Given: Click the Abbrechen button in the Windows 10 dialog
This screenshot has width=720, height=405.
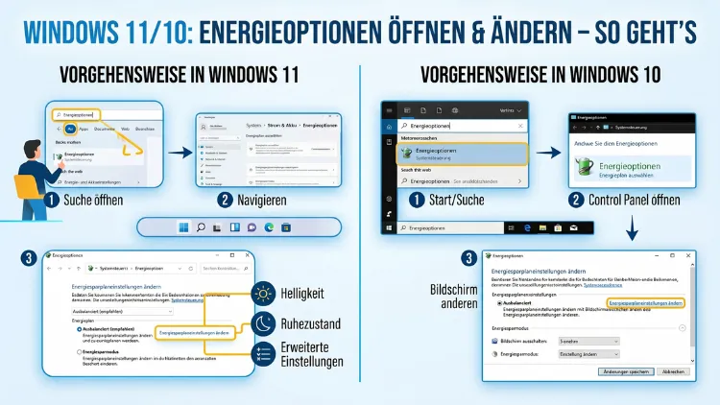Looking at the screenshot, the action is tap(673, 370).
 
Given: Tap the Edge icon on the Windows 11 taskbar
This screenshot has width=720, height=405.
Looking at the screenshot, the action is tap(270, 226).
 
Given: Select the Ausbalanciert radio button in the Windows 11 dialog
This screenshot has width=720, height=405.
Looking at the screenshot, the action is tap(78, 328).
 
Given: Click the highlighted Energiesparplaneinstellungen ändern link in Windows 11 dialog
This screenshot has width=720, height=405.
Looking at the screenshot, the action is tap(195, 332).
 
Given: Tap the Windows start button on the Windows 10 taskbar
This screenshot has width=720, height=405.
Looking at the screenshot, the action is tap(390, 228).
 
